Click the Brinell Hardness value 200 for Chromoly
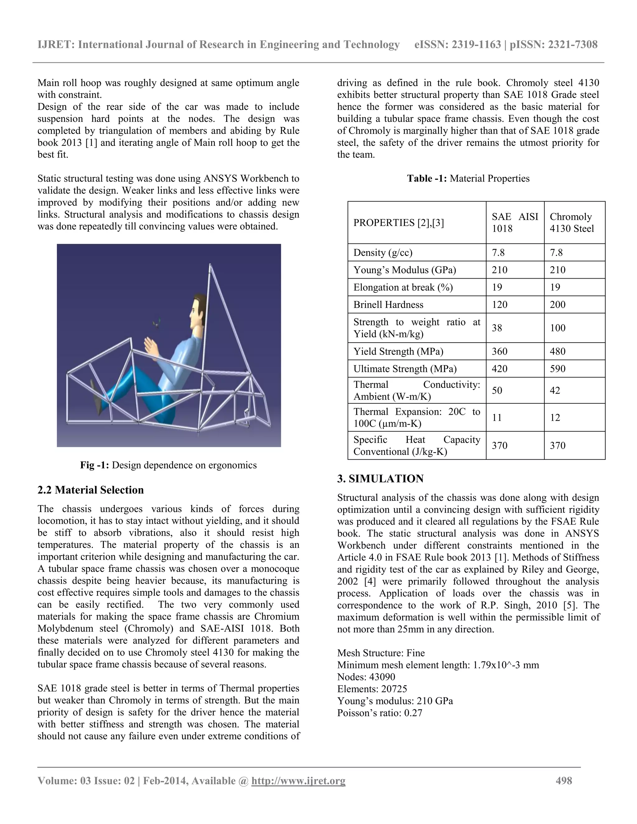[x=557, y=304]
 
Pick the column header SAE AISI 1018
[x=515, y=223]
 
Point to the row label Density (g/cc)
[x=383, y=252]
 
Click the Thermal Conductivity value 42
[x=555, y=390]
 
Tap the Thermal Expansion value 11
[x=497, y=418]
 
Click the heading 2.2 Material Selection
[x=91, y=490]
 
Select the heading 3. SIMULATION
[x=380, y=479]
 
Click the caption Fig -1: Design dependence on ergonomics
[x=168, y=465]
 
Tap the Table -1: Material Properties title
[x=468, y=178]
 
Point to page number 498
[x=564, y=780]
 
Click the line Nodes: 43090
[x=366, y=677]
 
